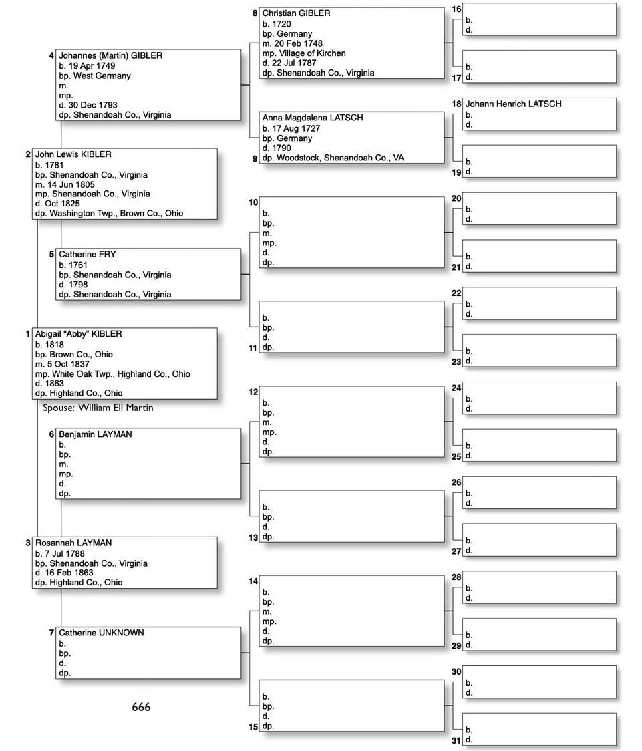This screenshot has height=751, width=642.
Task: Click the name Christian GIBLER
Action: tap(296, 13)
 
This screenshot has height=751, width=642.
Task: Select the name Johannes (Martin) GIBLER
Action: tap(110, 56)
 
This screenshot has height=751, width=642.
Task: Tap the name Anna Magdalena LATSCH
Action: tap(313, 118)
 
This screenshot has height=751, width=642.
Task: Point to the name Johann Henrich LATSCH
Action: tap(513, 104)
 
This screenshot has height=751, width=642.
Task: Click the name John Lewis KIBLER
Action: tap(73, 154)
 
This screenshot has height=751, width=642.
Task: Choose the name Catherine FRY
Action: tap(87, 255)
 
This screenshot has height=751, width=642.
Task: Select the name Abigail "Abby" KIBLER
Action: tap(78, 334)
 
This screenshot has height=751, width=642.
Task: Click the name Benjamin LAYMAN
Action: tap(95, 434)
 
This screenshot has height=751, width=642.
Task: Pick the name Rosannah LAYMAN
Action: tap(73, 543)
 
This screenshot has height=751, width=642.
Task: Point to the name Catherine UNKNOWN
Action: tap(101, 633)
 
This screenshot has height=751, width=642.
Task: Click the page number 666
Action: tap(141, 707)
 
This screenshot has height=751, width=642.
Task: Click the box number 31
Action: tap(456, 740)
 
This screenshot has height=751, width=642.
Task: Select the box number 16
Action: tap(456, 9)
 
